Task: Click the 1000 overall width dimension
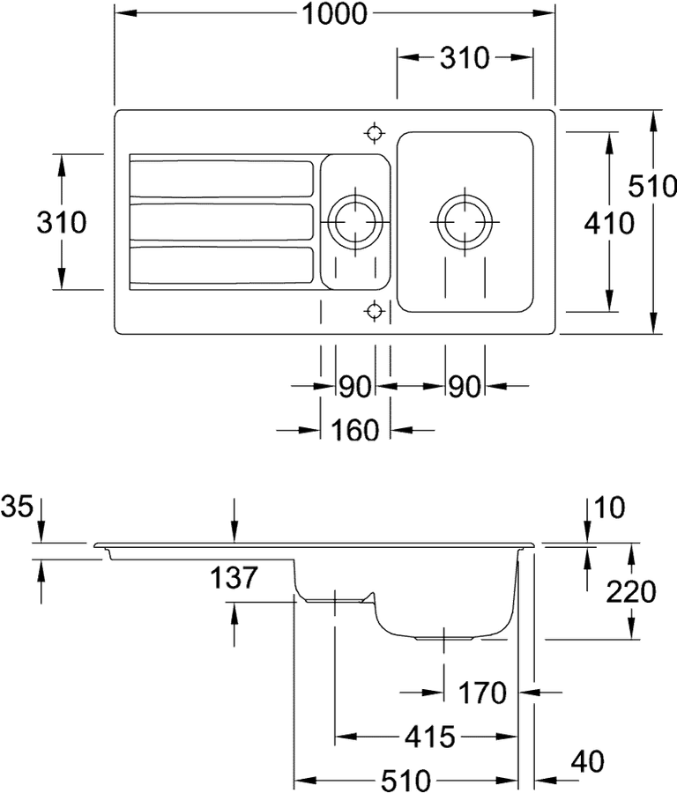click(334, 13)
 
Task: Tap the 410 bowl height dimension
click(609, 223)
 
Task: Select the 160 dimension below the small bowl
click(354, 430)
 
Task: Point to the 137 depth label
click(234, 577)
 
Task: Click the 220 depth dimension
click(631, 592)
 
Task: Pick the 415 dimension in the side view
click(430, 737)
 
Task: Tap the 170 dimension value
click(482, 693)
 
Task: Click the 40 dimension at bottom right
click(588, 761)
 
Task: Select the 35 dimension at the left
click(17, 507)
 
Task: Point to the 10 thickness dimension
click(610, 508)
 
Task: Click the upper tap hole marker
click(374, 134)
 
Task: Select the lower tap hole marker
click(374, 309)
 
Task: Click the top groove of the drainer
click(221, 179)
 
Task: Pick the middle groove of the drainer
click(221, 222)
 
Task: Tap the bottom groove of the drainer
click(221, 265)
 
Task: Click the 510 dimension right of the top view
click(652, 186)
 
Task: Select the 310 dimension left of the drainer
click(61, 223)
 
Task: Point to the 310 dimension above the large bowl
click(465, 57)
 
